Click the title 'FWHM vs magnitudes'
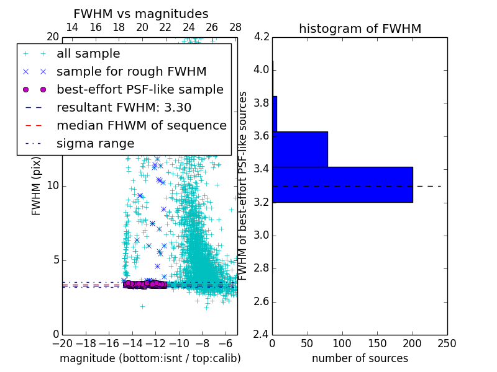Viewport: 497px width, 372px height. tap(141, 14)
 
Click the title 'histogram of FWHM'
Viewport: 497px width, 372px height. tap(360, 29)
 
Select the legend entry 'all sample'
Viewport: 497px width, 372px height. tap(88, 54)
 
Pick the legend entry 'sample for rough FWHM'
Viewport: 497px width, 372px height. tap(131, 72)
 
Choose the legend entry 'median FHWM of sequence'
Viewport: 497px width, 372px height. tap(141, 125)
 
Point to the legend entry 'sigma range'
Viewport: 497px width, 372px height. tap(95, 144)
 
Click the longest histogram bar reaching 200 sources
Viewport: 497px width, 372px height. tap(342, 184)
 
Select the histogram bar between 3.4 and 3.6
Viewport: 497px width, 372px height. tap(300, 149)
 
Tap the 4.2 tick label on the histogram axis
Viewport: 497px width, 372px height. tap(262, 37)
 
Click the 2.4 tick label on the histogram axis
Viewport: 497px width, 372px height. tap(262, 335)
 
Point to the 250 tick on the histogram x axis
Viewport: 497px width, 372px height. tap(447, 343)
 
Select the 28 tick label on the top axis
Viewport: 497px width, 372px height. tap(235, 27)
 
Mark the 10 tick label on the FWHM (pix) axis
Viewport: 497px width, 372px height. tap(53, 185)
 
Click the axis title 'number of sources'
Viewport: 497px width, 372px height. tap(360, 358)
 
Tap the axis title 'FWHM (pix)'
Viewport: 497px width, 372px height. tap(37, 185)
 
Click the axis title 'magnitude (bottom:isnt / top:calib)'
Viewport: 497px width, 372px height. tap(150, 358)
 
